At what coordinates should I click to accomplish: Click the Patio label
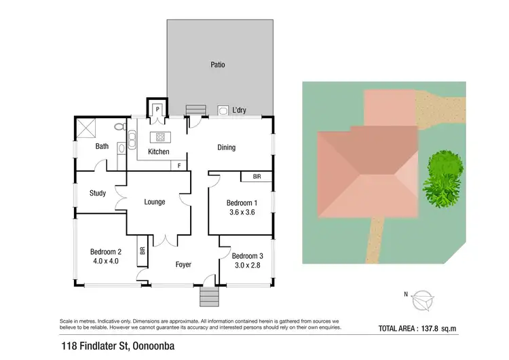pos(217,65)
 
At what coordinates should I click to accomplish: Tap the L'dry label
pos(240,111)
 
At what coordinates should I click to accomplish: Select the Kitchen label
pos(158,151)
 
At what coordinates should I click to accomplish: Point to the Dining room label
pos(226,147)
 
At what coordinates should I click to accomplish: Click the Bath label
pos(102,146)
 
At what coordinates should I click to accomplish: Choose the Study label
pos(98,193)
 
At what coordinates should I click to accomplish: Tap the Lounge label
pos(156,202)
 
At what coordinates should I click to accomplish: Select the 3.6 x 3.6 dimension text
pos(241,213)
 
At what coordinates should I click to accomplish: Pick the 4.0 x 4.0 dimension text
pos(105,260)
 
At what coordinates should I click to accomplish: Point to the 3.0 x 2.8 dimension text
pos(246,266)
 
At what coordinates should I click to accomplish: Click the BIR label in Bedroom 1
pos(257,177)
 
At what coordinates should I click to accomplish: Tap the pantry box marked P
pos(157,109)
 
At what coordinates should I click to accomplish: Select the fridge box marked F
pos(178,165)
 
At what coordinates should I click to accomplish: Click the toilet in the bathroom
pos(119,126)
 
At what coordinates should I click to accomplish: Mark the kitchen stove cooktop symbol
pos(161,136)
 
